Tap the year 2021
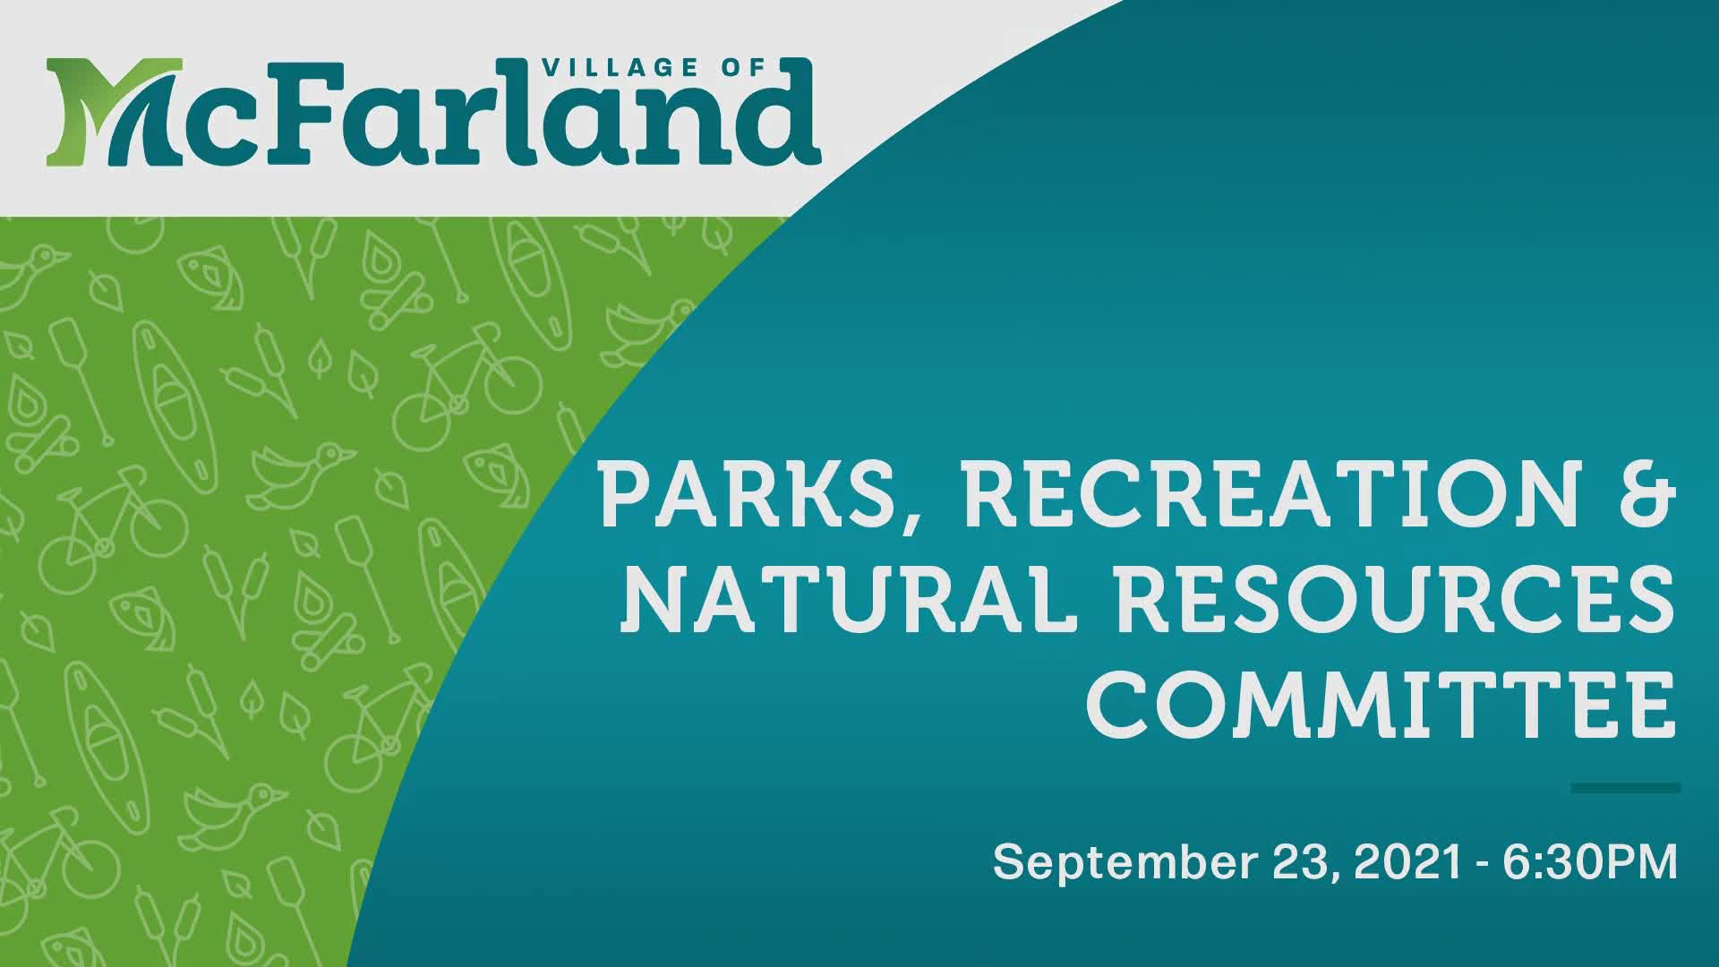(x=1408, y=861)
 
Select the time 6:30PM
(x=1590, y=861)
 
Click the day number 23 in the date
(x=1302, y=861)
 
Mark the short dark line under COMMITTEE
(x=1625, y=788)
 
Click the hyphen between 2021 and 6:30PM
(x=1483, y=864)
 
